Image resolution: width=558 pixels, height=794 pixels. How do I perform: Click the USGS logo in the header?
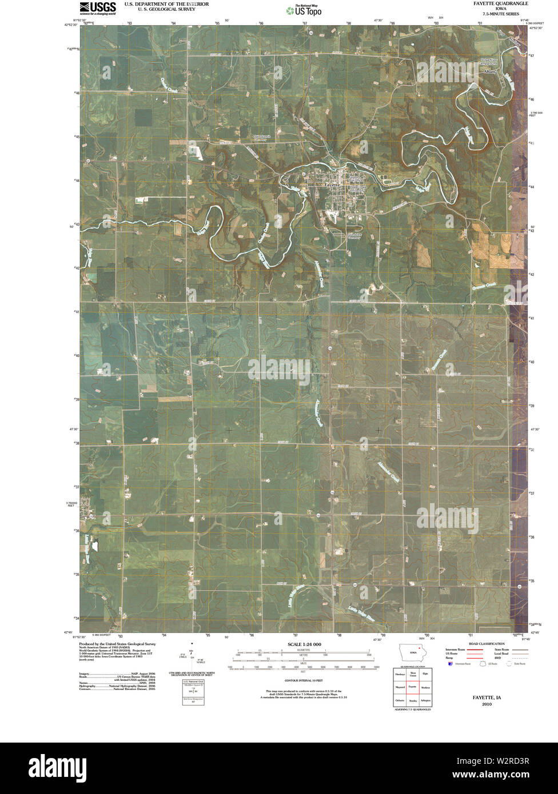pos(98,7)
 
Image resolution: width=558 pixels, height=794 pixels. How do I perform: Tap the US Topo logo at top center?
pos(308,9)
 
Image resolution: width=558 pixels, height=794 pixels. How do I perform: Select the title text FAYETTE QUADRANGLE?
pos(497,3)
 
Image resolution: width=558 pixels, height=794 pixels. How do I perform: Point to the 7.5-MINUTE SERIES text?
pos(497,13)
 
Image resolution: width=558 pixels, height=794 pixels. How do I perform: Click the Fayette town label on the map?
pos(332,185)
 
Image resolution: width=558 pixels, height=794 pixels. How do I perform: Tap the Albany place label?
pos(489,73)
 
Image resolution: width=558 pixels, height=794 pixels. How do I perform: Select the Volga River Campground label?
pos(490,61)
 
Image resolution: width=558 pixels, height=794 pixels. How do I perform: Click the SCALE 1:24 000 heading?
pos(301,644)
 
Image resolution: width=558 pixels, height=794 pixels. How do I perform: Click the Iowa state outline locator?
pos(413,652)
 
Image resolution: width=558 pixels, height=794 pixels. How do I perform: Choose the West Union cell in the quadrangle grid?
pos(412,675)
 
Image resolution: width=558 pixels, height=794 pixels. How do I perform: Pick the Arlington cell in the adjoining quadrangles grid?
pos(425,700)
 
